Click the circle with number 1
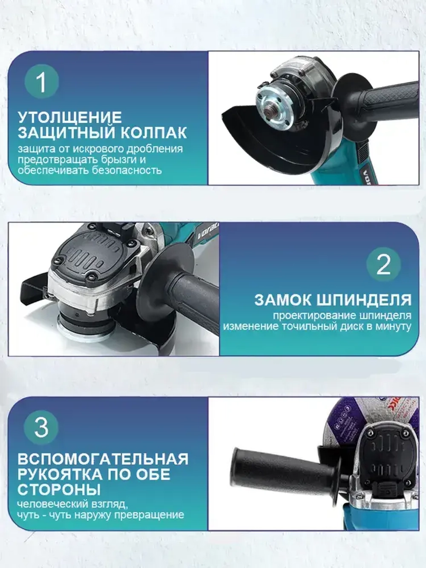[41, 81]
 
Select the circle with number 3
[41, 427]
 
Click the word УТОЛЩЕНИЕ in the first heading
[69, 117]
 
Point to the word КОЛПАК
[153, 133]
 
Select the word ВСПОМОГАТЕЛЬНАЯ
[103, 459]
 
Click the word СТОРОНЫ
[59, 489]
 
